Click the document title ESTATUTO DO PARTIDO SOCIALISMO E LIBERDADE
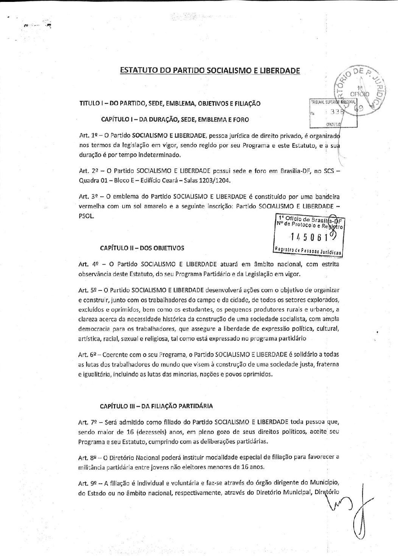click(210, 71)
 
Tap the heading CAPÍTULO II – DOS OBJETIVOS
click(142, 248)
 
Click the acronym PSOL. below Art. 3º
click(86, 216)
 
